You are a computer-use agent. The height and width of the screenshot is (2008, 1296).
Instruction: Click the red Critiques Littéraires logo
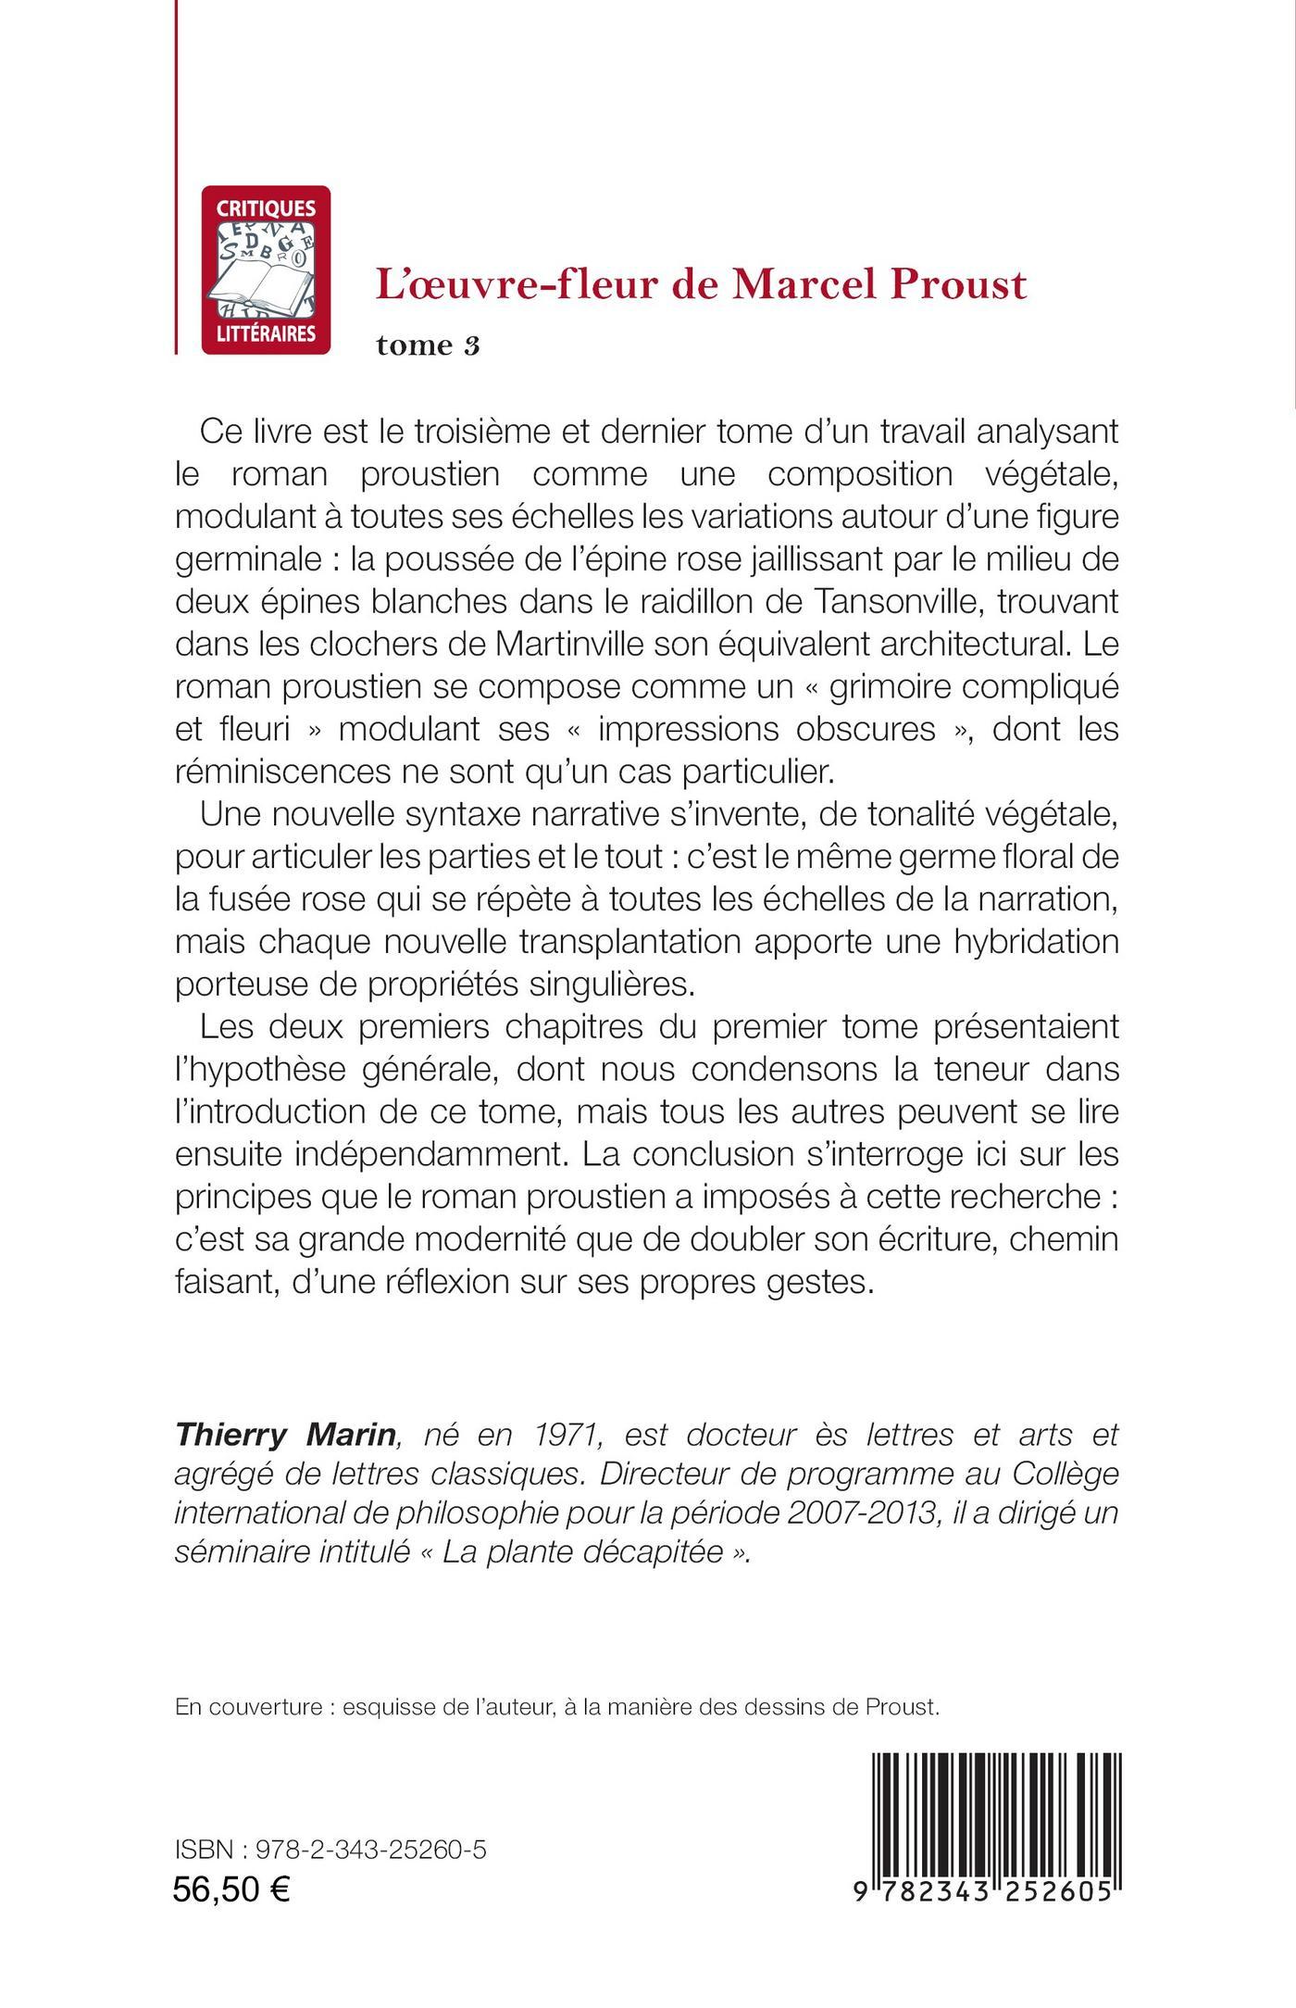click(x=266, y=270)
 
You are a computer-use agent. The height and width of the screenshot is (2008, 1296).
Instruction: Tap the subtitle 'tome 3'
click(x=428, y=345)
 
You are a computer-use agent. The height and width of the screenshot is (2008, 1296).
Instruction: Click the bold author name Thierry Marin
click(x=286, y=1435)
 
